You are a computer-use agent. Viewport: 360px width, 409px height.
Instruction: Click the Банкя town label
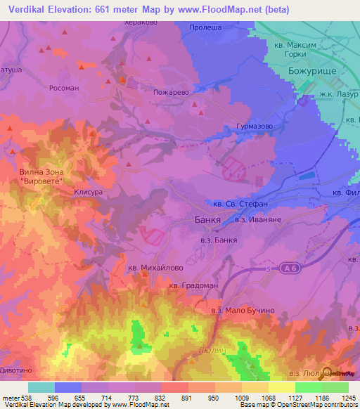(207, 220)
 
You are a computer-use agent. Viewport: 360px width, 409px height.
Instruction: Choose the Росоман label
(63, 89)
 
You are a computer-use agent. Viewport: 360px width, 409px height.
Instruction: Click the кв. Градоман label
(194, 285)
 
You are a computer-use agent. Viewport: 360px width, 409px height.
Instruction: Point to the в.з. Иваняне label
(259, 220)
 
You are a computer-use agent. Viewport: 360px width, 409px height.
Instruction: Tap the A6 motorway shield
(288, 267)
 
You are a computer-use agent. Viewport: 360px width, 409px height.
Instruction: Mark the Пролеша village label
(205, 27)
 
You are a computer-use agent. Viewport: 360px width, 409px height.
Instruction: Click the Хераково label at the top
(140, 22)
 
